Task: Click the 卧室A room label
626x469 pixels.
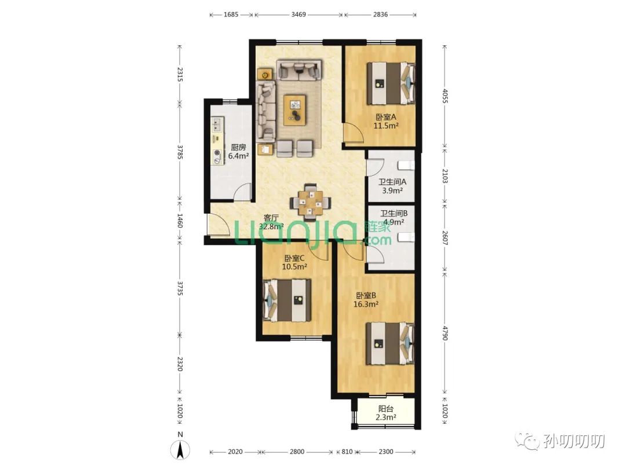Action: coord(385,117)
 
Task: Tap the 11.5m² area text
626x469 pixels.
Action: coord(386,126)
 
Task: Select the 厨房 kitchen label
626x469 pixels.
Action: coord(238,148)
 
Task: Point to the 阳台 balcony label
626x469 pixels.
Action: coord(385,409)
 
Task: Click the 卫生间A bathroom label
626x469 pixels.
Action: coord(392,182)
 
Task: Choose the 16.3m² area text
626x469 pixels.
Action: coord(366,305)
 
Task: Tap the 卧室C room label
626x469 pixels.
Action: coord(294,258)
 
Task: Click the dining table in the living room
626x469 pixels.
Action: coord(310,202)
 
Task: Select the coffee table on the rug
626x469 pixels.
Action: coord(295,109)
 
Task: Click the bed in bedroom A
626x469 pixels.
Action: coord(391,83)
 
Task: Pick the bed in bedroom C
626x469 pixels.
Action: coord(287,301)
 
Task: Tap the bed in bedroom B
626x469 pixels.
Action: coord(390,344)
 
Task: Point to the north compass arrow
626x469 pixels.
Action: coord(180,450)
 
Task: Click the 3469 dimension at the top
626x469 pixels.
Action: coord(299,14)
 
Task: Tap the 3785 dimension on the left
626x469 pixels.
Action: coord(180,152)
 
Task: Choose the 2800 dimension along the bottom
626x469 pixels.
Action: coord(297,452)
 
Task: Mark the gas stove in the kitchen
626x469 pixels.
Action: coord(217,156)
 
